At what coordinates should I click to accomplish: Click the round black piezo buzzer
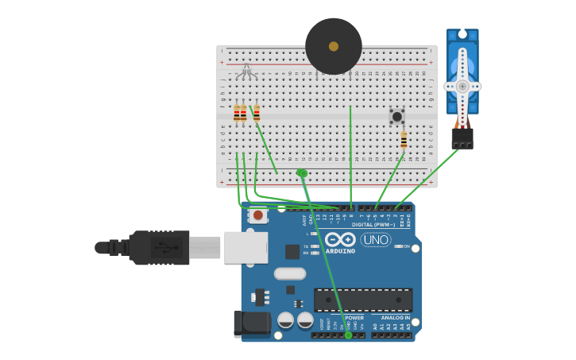pyautogui.click(x=334, y=46)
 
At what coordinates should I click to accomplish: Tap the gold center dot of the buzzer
pyautogui.click(x=334, y=46)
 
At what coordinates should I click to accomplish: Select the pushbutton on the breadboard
pyautogui.click(x=396, y=116)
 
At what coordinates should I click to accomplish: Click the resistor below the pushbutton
pyautogui.click(x=404, y=140)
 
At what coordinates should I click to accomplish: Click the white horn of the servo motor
pyautogui.click(x=462, y=85)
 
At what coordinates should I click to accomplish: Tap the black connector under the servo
pyautogui.click(x=462, y=138)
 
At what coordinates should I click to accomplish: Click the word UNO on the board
pyautogui.click(x=376, y=239)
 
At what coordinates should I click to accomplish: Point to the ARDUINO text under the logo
pyautogui.click(x=340, y=251)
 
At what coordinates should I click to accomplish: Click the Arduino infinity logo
pyautogui.click(x=340, y=239)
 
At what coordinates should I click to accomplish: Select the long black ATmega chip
pyautogui.click(x=363, y=300)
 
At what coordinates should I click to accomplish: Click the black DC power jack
pyautogui.click(x=248, y=324)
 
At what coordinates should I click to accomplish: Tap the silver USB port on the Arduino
pyautogui.click(x=245, y=247)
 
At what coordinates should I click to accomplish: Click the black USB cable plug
pyautogui.click(x=159, y=247)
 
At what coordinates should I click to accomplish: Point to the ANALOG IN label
pyautogui.click(x=395, y=318)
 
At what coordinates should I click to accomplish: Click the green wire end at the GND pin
pyautogui.click(x=348, y=335)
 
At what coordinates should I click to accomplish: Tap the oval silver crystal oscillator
pyautogui.click(x=290, y=274)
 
